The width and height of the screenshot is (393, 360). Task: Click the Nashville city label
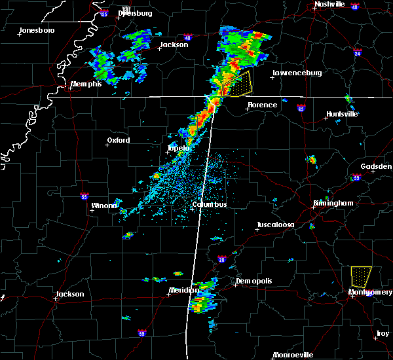coord(329,4)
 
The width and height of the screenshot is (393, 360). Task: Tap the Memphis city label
coord(86,84)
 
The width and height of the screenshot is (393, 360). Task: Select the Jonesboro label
coord(37,31)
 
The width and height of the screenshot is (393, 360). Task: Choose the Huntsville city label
coord(342,114)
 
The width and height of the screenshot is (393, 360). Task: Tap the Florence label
coord(262,105)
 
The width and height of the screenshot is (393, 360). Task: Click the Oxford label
coord(119,140)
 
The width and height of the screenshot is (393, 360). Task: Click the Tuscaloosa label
coord(275,225)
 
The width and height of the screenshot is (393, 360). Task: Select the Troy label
coord(382,334)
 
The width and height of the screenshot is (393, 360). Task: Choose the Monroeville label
coord(293,355)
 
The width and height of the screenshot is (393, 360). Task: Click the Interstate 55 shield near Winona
coord(84,196)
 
